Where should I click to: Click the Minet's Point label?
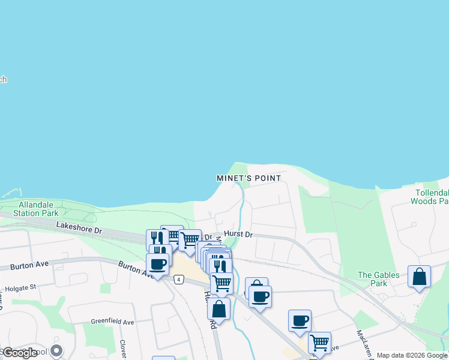(x=248, y=179)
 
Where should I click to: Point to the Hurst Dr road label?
(x=238, y=234)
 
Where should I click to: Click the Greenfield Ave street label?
(x=112, y=322)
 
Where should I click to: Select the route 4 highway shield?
(x=178, y=280)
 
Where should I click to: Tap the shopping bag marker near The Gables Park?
(x=419, y=277)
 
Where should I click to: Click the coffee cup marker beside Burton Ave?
(x=157, y=265)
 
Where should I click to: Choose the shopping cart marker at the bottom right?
(x=319, y=343)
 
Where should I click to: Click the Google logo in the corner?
(x=19, y=353)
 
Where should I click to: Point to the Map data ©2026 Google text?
(x=412, y=355)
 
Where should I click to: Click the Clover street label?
(x=122, y=346)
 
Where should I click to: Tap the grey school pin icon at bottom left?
(x=56, y=350)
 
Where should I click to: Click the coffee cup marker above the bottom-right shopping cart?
(x=300, y=321)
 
